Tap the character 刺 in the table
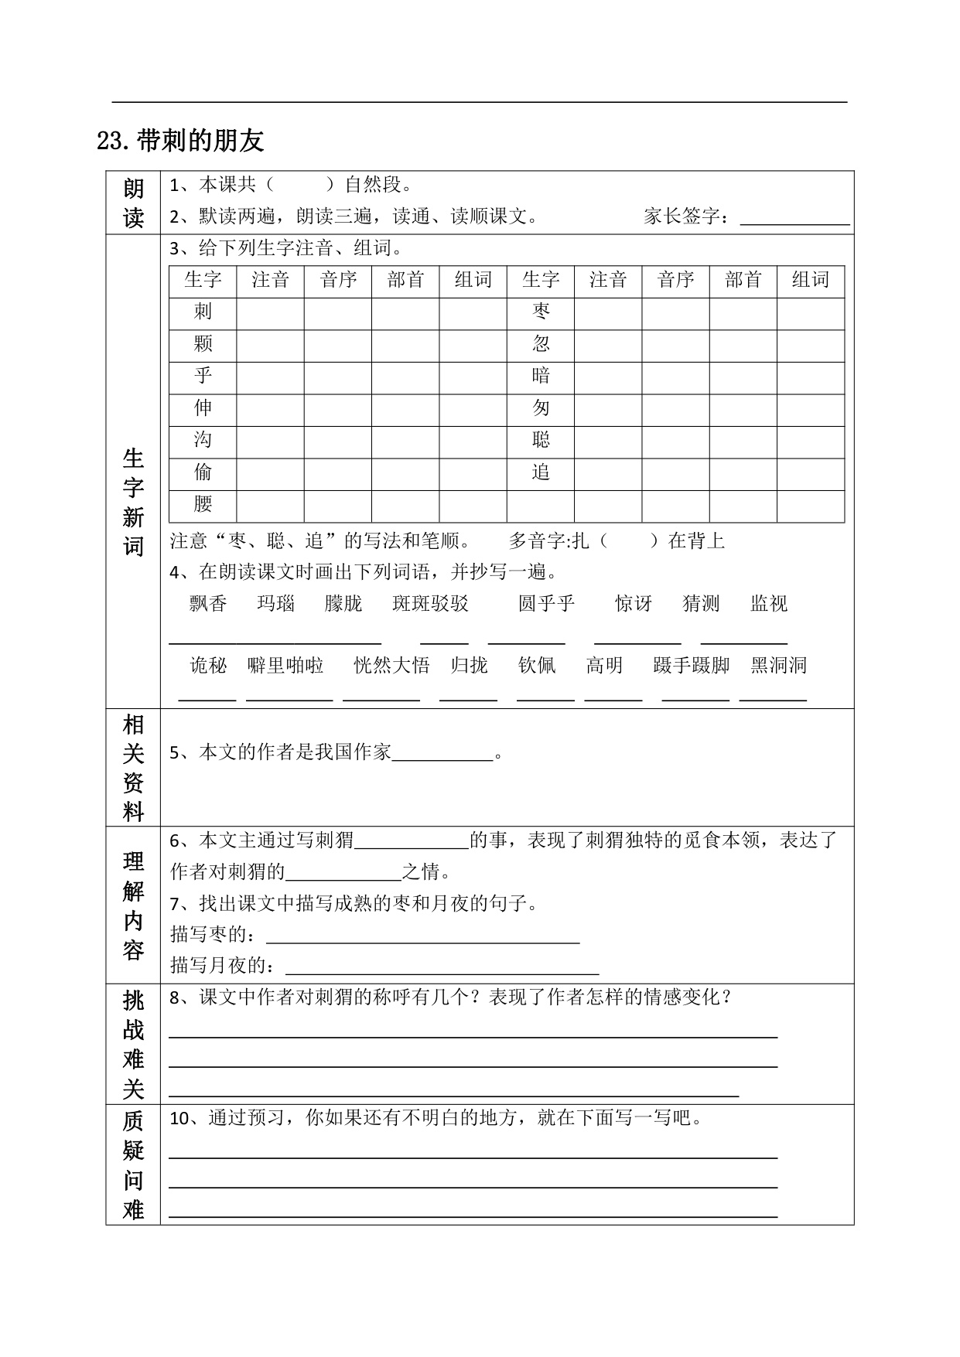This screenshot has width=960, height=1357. [203, 312]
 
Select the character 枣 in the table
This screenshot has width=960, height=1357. [541, 312]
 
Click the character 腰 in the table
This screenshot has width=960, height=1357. [203, 505]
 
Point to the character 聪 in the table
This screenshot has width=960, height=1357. [541, 441]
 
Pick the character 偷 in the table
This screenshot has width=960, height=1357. [203, 472]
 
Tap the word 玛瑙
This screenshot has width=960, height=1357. [276, 604]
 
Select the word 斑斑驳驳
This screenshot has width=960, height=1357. [430, 604]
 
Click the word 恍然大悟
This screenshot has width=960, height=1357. [391, 666]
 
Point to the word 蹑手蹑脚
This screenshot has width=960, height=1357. [691, 666]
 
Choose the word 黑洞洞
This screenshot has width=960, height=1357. [778, 666]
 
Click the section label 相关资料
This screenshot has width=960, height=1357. [133, 768]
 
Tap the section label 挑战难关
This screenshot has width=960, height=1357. [133, 1045]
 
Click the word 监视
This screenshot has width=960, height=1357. [769, 604]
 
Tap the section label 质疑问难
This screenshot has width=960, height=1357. [133, 1165]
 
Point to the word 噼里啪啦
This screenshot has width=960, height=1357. [285, 666]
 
